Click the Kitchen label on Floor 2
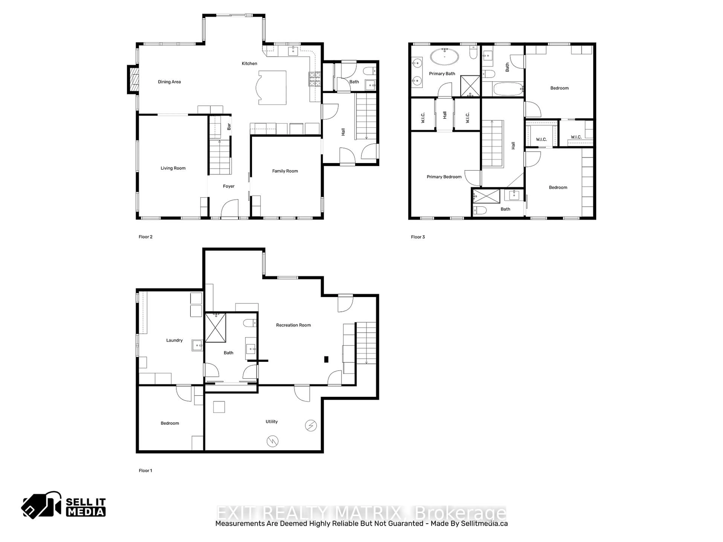pyautogui.click(x=249, y=63)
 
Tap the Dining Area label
pyautogui.click(x=169, y=82)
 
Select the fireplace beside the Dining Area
pyautogui.click(x=133, y=79)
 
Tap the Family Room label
pyautogui.click(x=285, y=171)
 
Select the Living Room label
pyautogui.click(x=173, y=168)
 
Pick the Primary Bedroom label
pyautogui.click(x=444, y=177)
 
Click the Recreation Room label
pyautogui.click(x=293, y=325)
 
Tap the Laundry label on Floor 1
pyautogui.click(x=174, y=340)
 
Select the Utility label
pyautogui.click(x=272, y=421)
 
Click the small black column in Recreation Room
pyautogui.click(x=326, y=359)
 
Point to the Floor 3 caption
pyautogui.click(x=418, y=237)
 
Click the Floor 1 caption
pyautogui.click(x=146, y=470)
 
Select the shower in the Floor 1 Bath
pyautogui.click(x=215, y=328)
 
